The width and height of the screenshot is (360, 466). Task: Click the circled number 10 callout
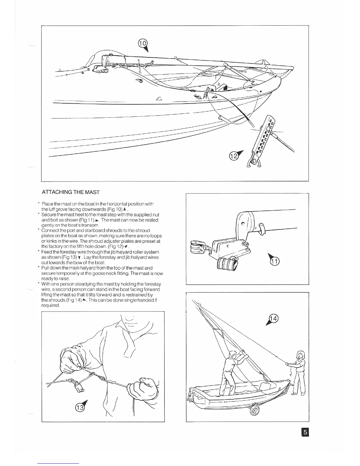click(142, 43)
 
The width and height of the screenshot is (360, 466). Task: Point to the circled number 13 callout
click(79, 407)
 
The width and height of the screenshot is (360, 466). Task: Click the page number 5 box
click(305, 432)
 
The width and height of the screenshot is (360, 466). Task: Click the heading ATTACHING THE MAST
click(71, 192)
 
